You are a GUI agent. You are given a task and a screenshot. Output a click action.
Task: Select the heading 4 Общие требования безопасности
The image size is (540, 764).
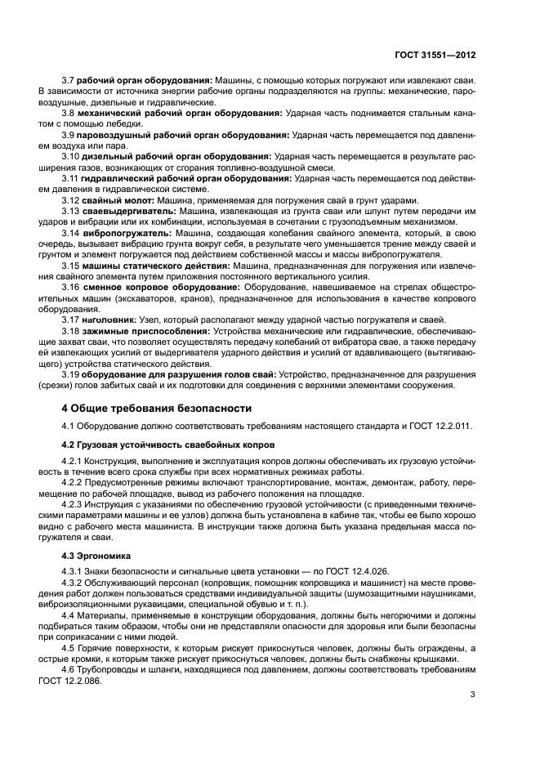pyautogui.click(x=157, y=408)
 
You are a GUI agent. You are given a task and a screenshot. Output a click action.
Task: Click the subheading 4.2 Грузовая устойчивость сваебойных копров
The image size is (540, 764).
pyautogui.click(x=168, y=445)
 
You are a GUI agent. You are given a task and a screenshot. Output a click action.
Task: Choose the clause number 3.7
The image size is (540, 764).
pyautogui.click(x=69, y=82)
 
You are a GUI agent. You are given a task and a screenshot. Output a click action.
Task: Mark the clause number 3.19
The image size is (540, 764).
pyautogui.click(x=72, y=374)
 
